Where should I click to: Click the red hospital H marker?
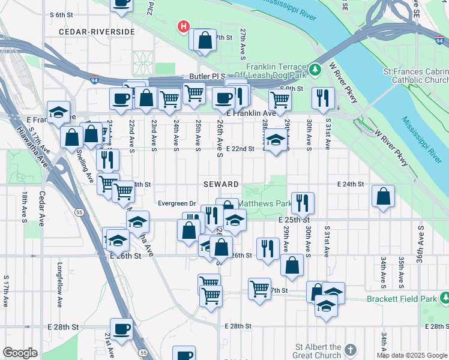(x=184, y=27)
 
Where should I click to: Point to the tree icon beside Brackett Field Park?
(x=444, y=298)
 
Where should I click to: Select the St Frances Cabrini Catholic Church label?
(x=415, y=76)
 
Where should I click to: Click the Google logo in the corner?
(x=20, y=353)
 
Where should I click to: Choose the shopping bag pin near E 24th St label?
(x=383, y=196)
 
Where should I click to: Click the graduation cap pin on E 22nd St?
(x=276, y=140)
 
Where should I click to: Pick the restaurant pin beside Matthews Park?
(x=303, y=203)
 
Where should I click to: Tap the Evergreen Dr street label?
(x=177, y=203)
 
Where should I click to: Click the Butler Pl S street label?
(x=205, y=77)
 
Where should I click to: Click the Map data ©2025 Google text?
(x=412, y=355)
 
